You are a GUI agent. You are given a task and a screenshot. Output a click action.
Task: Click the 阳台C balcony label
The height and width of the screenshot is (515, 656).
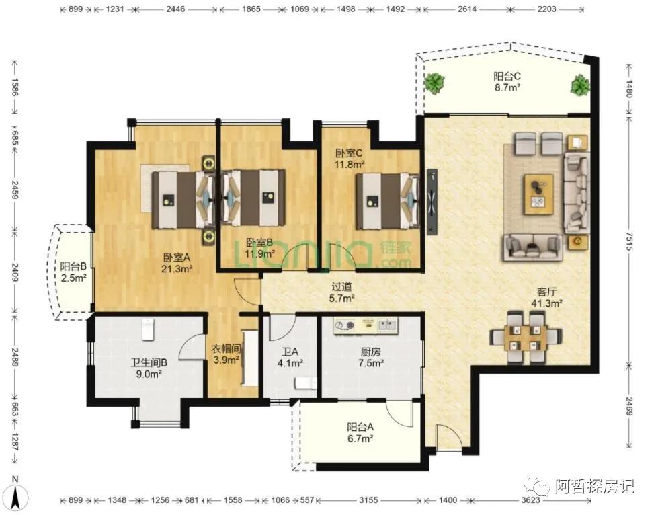click(x=507, y=81)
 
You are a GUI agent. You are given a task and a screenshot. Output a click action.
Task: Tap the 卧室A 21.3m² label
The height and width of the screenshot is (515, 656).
click(x=177, y=263)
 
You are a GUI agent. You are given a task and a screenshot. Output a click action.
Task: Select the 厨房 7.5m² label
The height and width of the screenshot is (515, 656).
click(x=370, y=358)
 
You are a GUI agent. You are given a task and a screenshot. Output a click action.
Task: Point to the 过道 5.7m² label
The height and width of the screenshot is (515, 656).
click(x=342, y=292)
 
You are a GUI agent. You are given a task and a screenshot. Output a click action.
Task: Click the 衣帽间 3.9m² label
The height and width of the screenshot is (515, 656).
click(x=226, y=354)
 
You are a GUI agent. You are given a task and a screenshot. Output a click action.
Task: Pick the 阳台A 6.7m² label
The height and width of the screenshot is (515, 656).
click(x=360, y=433)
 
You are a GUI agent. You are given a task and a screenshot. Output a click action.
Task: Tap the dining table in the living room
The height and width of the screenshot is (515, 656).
click(x=525, y=338)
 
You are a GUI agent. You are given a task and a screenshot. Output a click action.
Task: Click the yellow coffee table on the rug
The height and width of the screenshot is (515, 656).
click(x=538, y=194)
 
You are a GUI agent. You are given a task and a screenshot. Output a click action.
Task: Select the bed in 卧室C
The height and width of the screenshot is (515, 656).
click(x=387, y=201)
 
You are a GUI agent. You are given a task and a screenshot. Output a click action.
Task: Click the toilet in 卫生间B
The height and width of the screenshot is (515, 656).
click(x=148, y=329)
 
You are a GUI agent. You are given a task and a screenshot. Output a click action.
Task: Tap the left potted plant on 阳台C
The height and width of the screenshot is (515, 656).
click(x=435, y=83)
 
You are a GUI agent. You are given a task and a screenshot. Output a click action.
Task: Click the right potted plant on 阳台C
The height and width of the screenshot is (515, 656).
click(x=580, y=85)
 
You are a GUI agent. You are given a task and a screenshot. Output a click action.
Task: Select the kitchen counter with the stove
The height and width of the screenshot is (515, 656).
click(x=366, y=325)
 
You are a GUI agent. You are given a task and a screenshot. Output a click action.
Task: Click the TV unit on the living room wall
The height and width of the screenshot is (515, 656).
click(x=432, y=202)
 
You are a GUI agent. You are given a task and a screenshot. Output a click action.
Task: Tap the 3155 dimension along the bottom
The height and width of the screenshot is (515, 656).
click(x=368, y=500)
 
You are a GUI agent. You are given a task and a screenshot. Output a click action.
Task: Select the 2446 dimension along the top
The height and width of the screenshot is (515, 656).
click(x=175, y=9)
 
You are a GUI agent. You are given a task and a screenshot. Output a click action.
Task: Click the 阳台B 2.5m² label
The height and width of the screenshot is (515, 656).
click(x=74, y=272)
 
